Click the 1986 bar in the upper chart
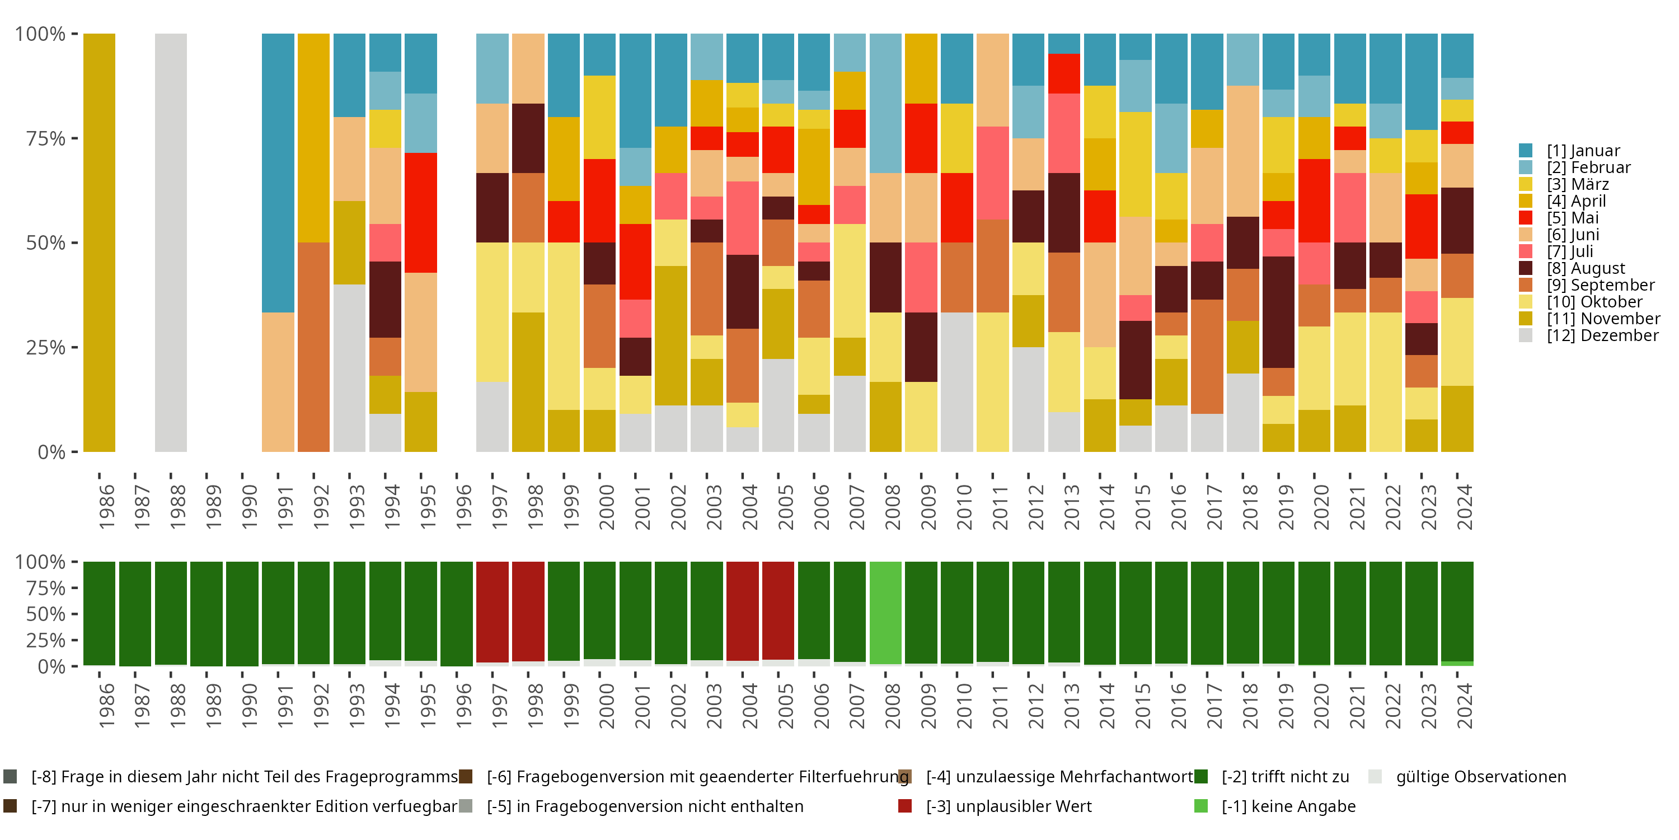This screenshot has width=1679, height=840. click(x=99, y=242)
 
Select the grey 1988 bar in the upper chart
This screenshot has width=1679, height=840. click(x=171, y=242)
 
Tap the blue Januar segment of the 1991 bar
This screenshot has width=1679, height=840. click(x=278, y=173)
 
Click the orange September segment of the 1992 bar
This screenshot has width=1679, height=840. click(x=313, y=347)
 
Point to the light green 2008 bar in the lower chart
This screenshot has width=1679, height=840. click(x=885, y=613)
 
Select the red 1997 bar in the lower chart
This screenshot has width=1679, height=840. click(x=492, y=612)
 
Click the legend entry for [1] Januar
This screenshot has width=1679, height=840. click(x=1583, y=151)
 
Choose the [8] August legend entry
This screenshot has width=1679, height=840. click(x=1585, y=268)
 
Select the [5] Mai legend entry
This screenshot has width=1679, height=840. click(x=1572, y=218)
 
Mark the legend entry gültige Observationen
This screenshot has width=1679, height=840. click(x=1480, y=777)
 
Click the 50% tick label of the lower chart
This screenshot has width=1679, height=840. click(x=46, y=614)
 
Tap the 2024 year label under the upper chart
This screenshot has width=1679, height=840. click(x=1464, y=507)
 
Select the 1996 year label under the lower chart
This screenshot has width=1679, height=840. click(x=463, y=706)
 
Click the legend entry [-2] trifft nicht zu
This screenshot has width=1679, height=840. click(x=1284, y=777)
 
